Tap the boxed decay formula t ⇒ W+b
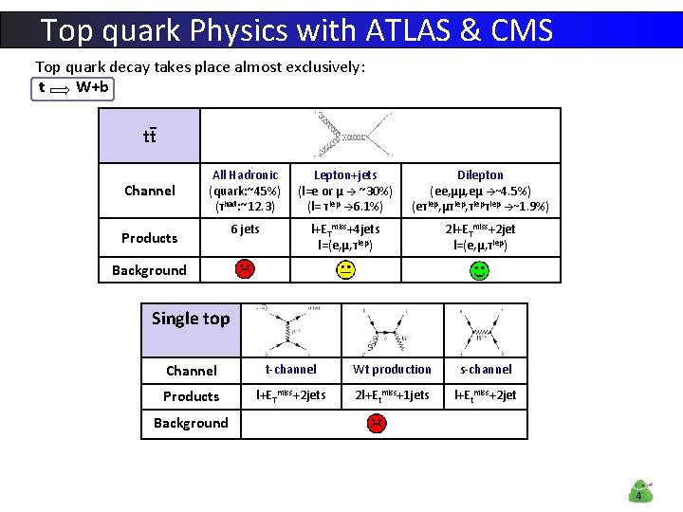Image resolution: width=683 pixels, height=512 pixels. pos(73,88)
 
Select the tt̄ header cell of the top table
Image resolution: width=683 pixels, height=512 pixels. pos(150,136)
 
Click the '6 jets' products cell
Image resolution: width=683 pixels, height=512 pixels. pos(245,229)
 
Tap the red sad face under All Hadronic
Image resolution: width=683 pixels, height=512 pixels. pos(245,269)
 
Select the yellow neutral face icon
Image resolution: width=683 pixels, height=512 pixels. pos(345,270)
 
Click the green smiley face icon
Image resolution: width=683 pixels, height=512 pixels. pos(480,270)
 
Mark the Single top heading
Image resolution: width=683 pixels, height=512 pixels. pos(191,319)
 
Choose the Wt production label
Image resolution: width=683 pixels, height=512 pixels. pos(392,370)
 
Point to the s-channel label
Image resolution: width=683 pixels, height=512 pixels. pos(486,370)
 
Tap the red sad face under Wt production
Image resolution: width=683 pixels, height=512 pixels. pos(377,423)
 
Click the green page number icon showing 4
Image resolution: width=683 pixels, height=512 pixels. pos(639,490)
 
